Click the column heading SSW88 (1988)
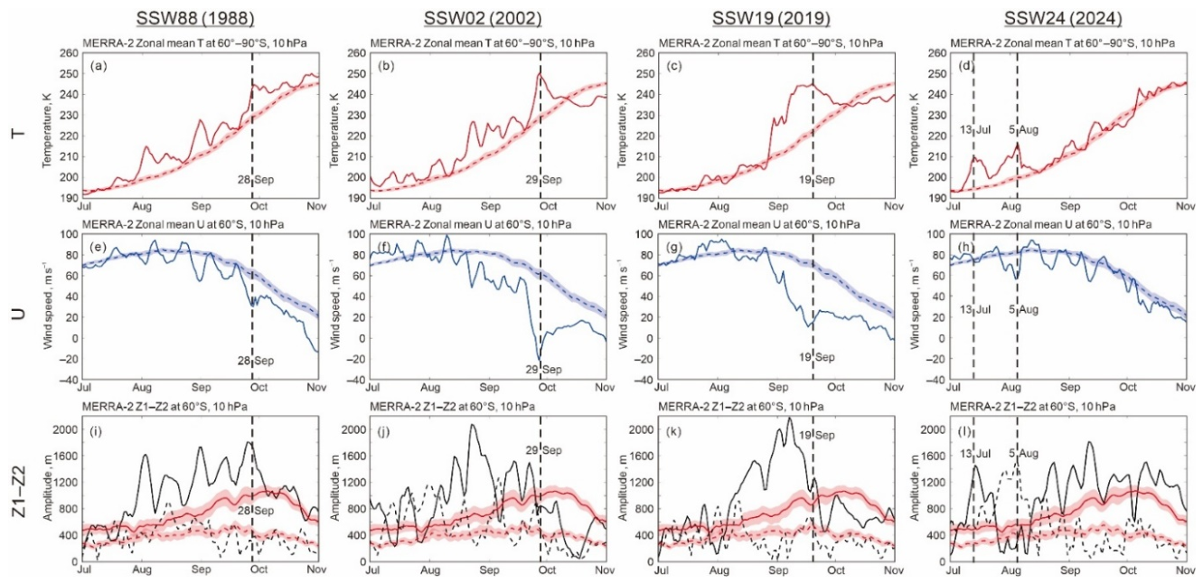pos(195,18)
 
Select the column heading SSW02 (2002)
pos(483,18)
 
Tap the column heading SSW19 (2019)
pos(771,18)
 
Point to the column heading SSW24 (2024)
pos(1063,18)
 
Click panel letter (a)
pos(99,66)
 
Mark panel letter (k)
pos(674,431)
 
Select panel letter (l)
pos(965,431)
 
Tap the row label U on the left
pos(19,313)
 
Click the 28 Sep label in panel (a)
pos(256,179)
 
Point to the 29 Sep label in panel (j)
pos(543,450)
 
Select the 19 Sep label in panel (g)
pos(816,357)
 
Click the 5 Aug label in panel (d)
pos(1023,129)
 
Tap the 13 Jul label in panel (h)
pos(975,309)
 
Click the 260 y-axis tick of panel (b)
pos(357,53)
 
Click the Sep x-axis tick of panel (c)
pos(777,206)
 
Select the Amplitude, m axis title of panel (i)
pos(47,487)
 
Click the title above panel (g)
pos(759,224)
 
